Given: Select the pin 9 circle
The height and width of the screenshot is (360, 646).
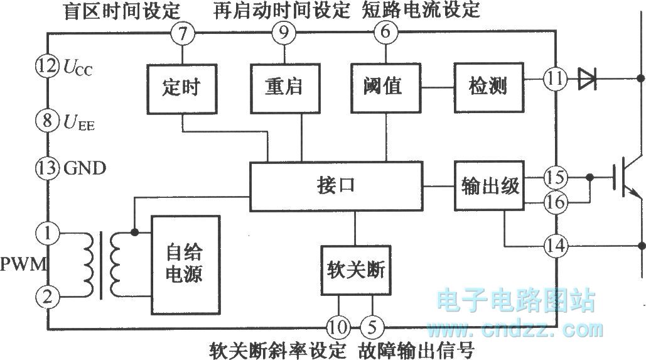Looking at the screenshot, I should tap(284, 33).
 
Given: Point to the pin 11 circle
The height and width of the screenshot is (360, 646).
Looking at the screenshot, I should tap(556, 79).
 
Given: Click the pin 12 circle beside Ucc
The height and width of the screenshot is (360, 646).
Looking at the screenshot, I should tap(47, 67).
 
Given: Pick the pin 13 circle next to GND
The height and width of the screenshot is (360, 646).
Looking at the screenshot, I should tap(47, 168).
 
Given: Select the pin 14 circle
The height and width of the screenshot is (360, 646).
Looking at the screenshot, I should tap(556, 244).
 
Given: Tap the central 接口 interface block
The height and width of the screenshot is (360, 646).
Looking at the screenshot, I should tap(336, 187).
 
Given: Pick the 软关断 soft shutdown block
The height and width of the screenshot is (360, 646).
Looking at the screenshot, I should tap(355, 272).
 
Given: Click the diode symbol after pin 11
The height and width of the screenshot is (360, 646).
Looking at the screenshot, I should tap(587, 79).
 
